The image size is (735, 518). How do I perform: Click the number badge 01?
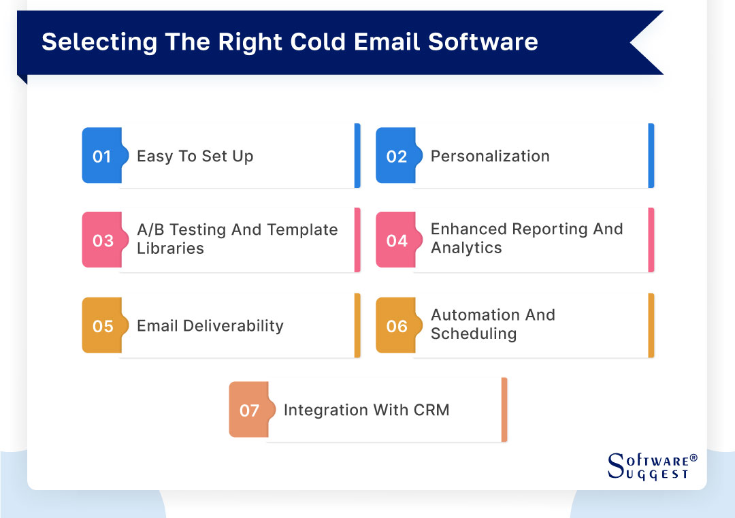point(101,156)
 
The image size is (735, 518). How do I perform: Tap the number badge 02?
point(396,156)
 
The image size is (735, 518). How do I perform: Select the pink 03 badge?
point(102,240)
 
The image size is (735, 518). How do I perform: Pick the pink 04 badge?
point(396,240)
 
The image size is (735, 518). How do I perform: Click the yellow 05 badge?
point(102,326)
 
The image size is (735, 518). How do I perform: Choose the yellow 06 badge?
point(396,326)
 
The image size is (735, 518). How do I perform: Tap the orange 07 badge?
point(249,410)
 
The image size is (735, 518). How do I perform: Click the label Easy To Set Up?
point(195,156)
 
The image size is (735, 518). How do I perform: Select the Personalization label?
point(490,156)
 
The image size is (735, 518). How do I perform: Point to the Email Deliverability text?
point(210,326)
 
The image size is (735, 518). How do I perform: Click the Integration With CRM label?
point(366,410)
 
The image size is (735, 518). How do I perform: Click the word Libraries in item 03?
point(170,248)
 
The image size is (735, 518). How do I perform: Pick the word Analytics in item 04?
point(466,248)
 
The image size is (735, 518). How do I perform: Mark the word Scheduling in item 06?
point(473,334)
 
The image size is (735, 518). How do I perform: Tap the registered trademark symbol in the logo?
point(693,458)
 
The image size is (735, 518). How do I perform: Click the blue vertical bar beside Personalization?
point(651,156)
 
